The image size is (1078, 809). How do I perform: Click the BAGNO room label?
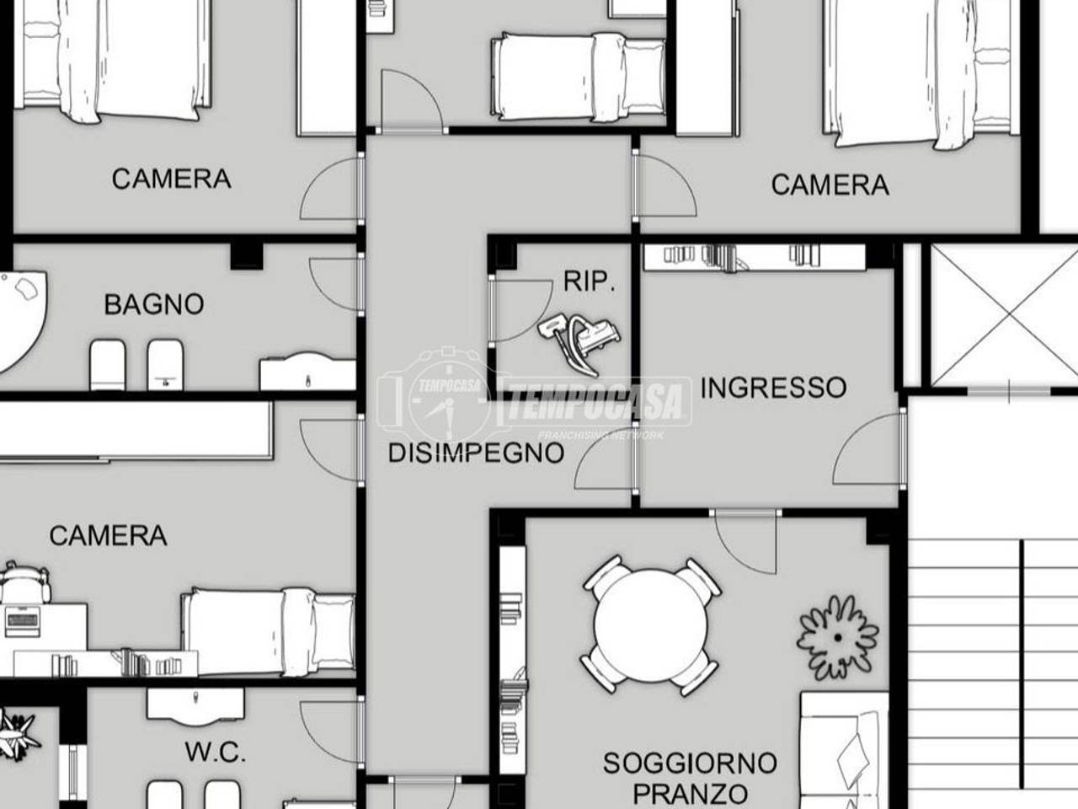(x=153, y=304)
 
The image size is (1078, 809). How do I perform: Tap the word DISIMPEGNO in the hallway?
(x=475, y=453)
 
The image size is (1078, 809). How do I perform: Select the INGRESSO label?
(x=773, y=388)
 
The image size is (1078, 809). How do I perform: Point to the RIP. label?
(x=589, y=281)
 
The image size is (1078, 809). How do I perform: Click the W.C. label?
(x=216, y=752)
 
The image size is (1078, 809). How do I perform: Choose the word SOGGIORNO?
(x=690, y=763)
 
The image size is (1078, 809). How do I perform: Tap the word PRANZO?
(x=690, y=793)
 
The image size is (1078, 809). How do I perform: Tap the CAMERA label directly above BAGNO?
(x=171, y=179)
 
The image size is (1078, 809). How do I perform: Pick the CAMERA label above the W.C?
(x=108, y=536)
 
